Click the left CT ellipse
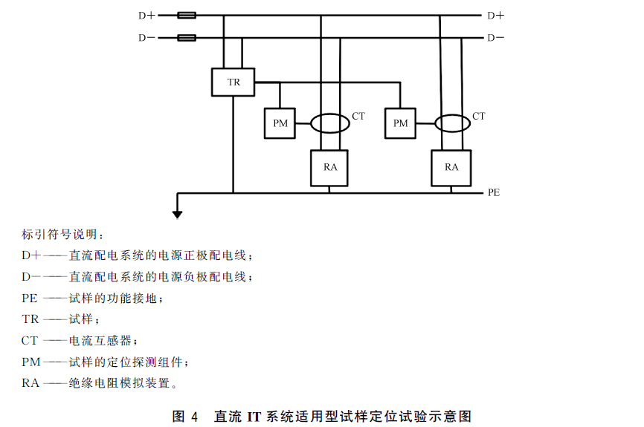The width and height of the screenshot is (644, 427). point(311,123)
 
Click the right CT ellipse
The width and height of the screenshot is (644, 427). point(435,123)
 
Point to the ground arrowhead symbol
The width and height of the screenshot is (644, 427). point(178,215)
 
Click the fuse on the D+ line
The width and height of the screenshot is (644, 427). point(187,16)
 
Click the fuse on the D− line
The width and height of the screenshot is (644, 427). point(187,38)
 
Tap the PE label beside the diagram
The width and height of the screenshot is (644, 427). point(494,192)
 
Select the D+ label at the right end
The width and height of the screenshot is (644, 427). point(495,16)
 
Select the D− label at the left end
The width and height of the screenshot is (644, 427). point(146,38)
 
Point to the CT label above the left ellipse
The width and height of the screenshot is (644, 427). point(358,116)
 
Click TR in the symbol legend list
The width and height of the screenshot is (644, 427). point(30,319)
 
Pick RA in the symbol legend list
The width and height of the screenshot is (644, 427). point(30,383)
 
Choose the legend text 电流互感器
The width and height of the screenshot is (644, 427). point(100,340)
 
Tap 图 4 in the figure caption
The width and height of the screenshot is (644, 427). point(185,417)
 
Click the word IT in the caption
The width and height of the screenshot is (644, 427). point(254,417)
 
